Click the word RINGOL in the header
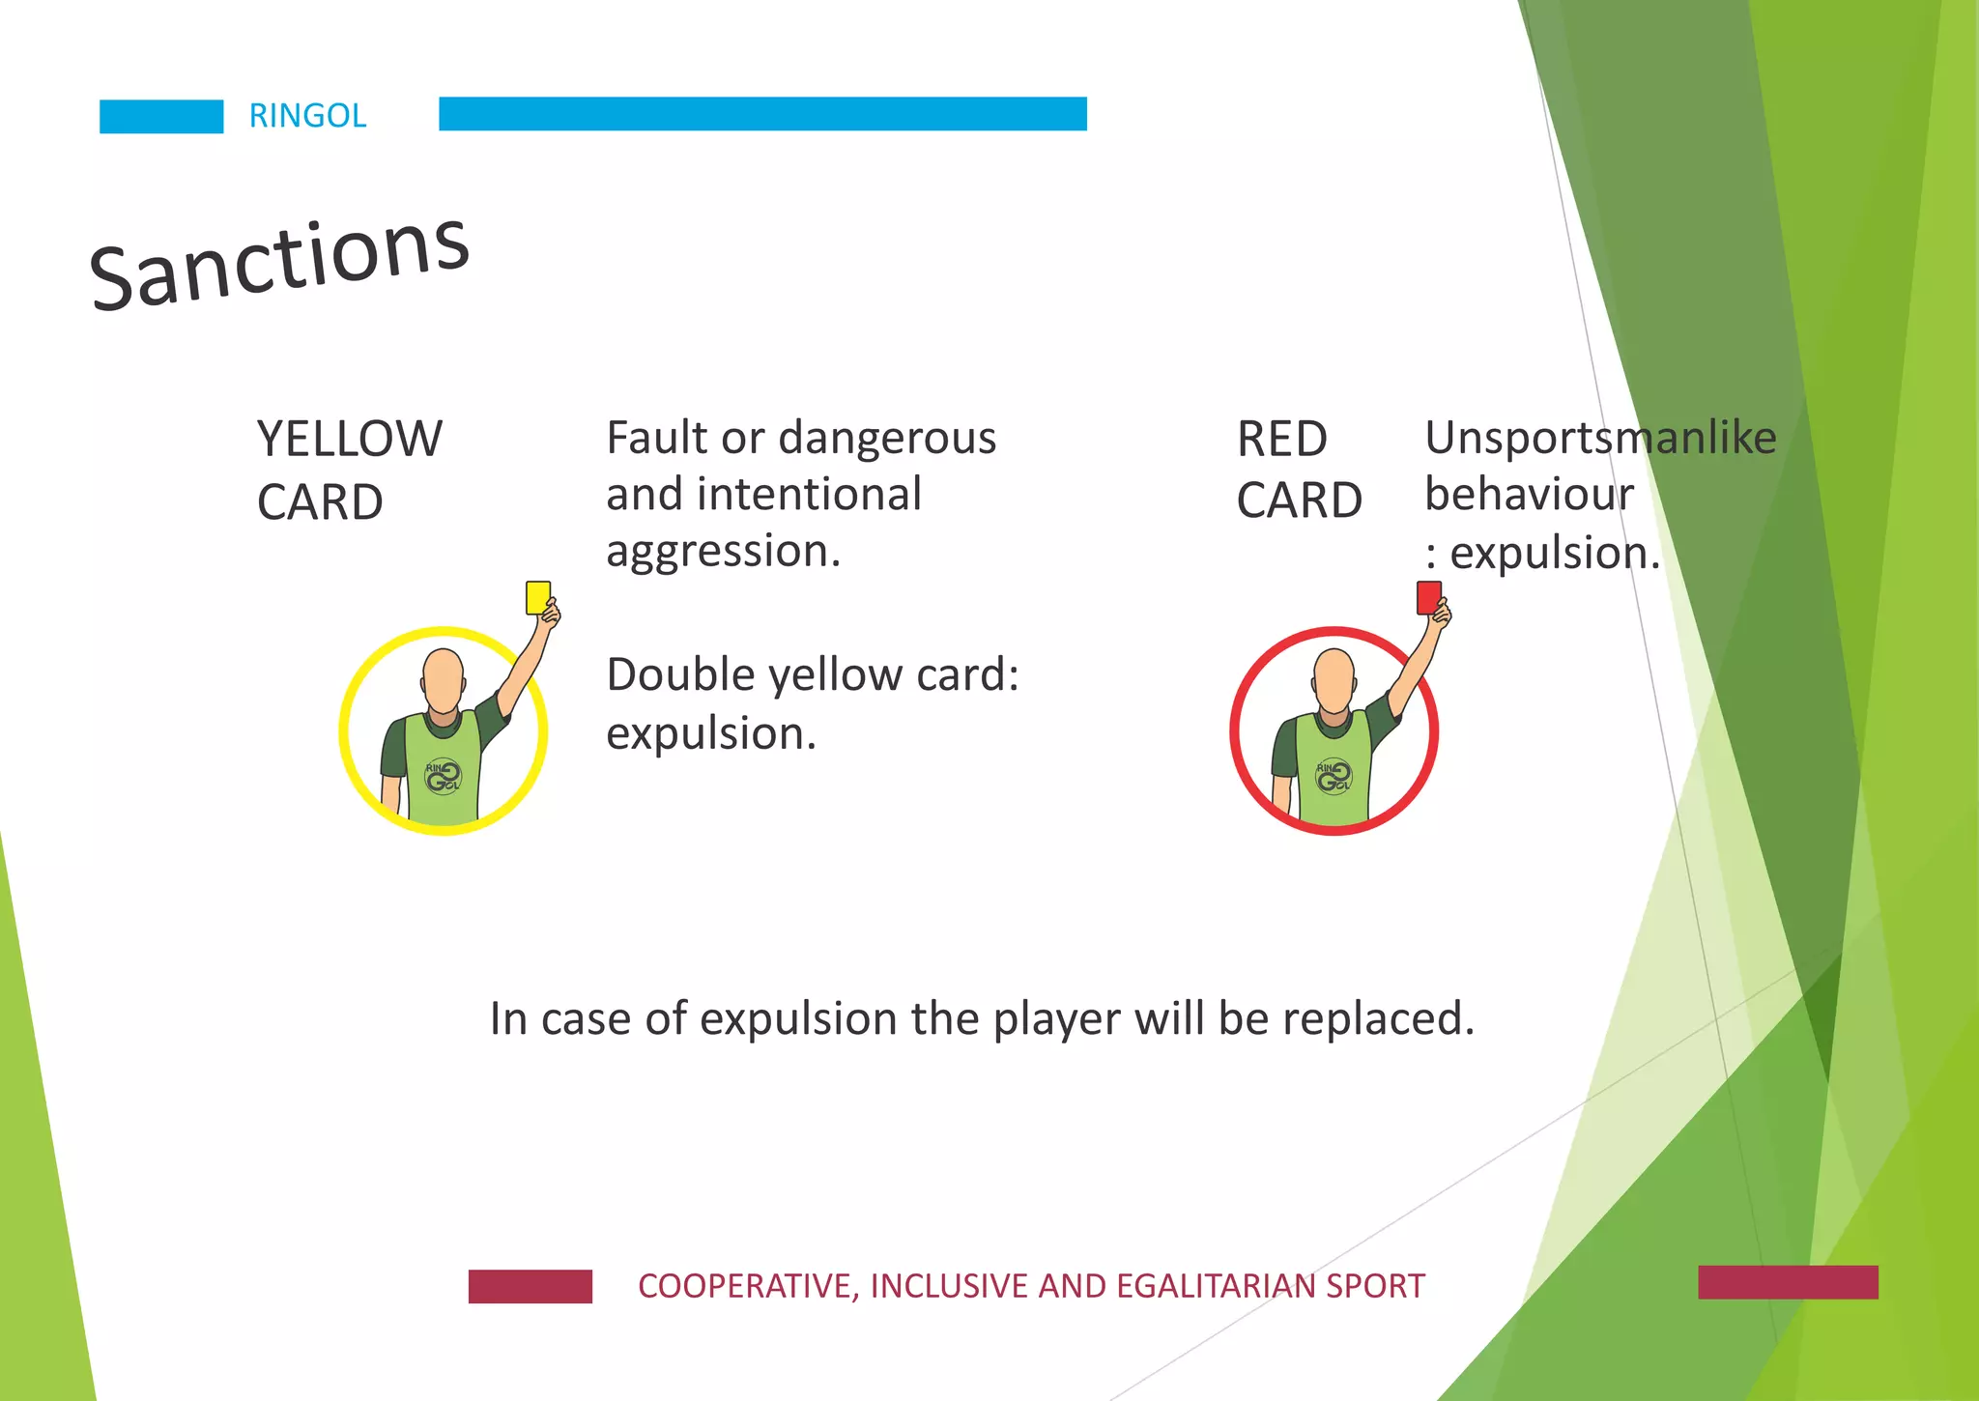[x=307, y=116]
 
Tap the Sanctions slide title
[x=279, y=262]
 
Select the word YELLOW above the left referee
[x=349, y=439]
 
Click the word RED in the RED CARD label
[x=1281, y=440]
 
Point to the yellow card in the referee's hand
[x=538, y=597]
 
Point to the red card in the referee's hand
[x=1429, y=597]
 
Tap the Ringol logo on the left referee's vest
[x=444, y=775]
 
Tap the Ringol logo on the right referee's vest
[x=1334, y=775]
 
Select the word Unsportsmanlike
[x=1600, y=438]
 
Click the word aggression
[x=723, y=551]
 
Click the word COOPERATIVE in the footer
[x=747, y=1286]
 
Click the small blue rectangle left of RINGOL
[x=161, y=116]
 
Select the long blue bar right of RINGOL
[x=762, y=113]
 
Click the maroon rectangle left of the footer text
[x=530, y=1286]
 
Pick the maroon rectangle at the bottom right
[x=1788, y=1282]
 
